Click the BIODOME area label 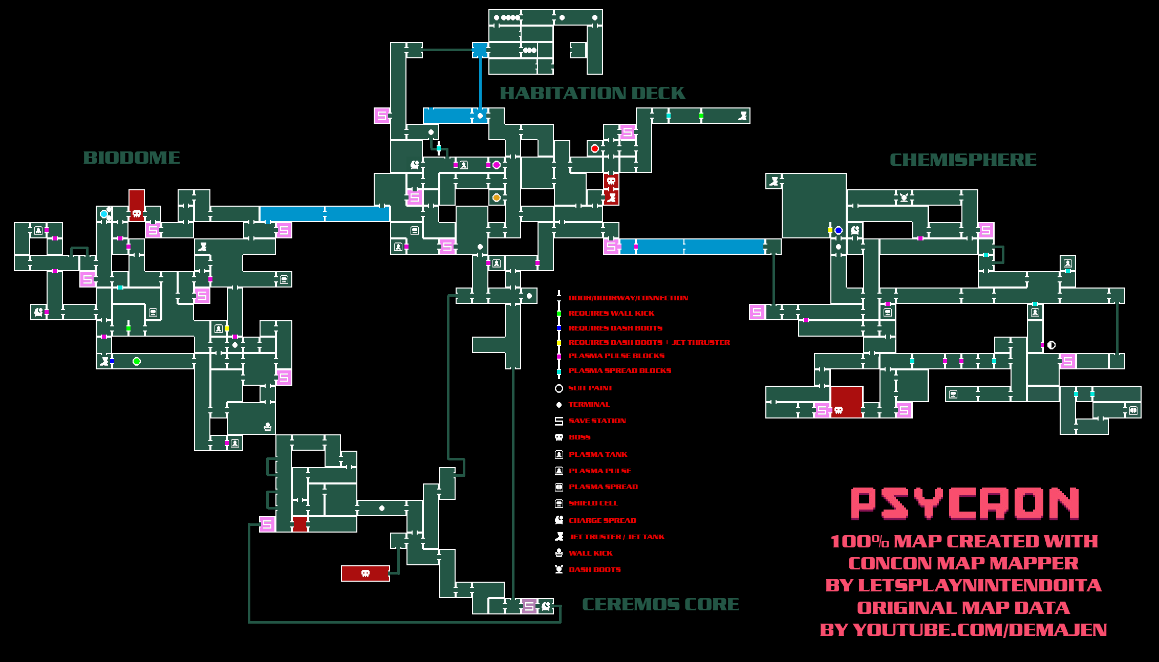coord(132,158)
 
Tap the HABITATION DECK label coord(592,93)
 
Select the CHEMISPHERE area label coord(963,160)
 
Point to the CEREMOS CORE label coord(660,604)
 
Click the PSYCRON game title coord(965,504)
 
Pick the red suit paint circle coord(595,148)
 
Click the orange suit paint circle coord(496,197)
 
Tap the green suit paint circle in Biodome coord(137,361)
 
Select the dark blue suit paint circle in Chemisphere coord(839,230)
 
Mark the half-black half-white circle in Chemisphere coord(1051,345)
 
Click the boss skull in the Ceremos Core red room coord(366,573)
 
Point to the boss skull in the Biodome coord(137,214)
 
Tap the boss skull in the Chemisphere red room coord(839,410)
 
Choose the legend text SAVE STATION coord(597,421)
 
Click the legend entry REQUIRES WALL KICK coord(611,313)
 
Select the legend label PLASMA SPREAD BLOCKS coord(619,370)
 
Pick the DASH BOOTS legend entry coord(594,569)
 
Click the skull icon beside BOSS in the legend coord(559,437)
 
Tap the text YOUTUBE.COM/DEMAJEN coord(979,630)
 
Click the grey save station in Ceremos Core coord(529,606)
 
